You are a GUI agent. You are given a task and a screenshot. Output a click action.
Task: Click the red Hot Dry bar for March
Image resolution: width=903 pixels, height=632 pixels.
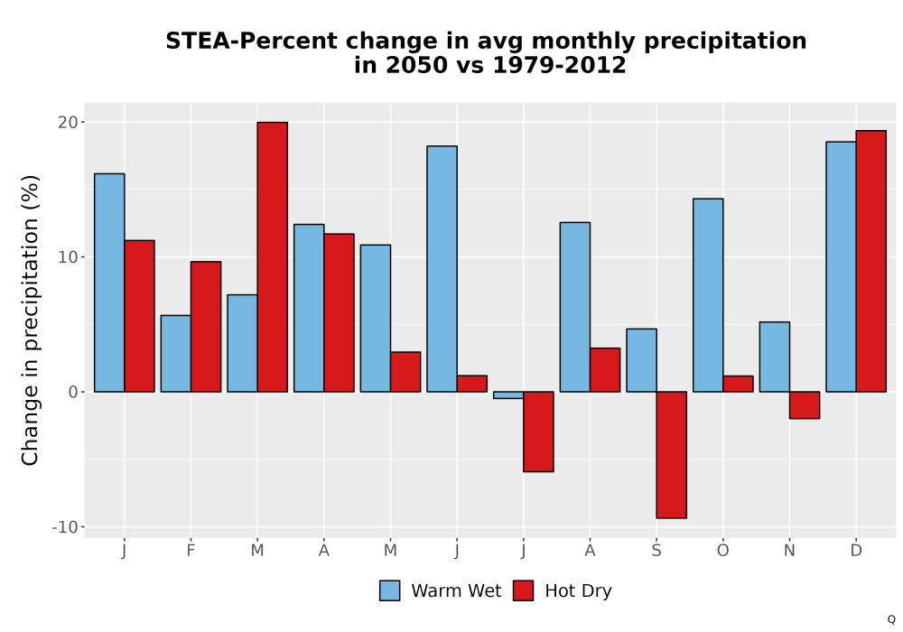click(x=273, y=256)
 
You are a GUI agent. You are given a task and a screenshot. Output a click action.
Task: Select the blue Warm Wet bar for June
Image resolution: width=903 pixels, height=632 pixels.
click(x=442, y=269)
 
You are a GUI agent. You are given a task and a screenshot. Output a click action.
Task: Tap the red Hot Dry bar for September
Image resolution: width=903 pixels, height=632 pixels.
click(x=672, y=455)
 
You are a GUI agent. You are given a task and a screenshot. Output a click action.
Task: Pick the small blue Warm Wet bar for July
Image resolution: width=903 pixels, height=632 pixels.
click(x=508, y=395)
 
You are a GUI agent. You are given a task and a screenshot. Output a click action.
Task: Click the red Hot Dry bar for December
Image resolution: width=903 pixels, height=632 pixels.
click(x=870, y=261)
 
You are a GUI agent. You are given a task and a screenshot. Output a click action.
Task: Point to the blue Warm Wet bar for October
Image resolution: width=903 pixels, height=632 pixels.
click(x=708, y=295)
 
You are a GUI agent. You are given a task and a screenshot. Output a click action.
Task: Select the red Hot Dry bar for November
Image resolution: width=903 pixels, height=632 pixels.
click(x=805, y=405)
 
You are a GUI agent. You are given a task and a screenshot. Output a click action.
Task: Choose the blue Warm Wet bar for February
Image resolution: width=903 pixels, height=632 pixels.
click(x=176, y=353)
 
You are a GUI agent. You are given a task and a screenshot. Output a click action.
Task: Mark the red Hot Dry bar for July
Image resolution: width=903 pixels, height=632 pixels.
click(x=538, y=432)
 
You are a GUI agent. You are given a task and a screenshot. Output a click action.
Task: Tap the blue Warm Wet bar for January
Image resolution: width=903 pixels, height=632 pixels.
click(x=109, y=283)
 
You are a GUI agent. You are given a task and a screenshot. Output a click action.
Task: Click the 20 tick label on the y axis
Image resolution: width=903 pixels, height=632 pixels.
click(x=68, y=122)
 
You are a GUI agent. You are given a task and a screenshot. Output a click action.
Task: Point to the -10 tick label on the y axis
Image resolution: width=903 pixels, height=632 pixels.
click(x=64, y=527)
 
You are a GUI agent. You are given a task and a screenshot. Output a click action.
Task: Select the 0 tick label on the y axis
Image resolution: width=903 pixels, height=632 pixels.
click(x=73, y=392)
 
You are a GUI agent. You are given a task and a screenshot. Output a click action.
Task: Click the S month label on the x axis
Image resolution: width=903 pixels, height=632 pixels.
click(x=656, y=551)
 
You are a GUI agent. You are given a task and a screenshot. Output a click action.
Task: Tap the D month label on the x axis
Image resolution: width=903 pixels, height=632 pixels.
click(x=856, y=551)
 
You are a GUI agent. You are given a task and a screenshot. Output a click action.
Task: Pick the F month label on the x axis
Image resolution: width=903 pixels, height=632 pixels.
click(x=191, y=551)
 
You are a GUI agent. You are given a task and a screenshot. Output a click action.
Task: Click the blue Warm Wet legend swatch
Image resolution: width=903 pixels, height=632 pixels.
click(x=390, y=590)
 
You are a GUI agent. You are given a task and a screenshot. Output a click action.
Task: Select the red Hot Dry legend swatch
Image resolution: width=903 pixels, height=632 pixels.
click(x=523, y=590)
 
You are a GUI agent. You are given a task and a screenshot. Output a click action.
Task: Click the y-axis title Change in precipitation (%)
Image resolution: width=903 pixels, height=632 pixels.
click(x=30, y=320)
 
